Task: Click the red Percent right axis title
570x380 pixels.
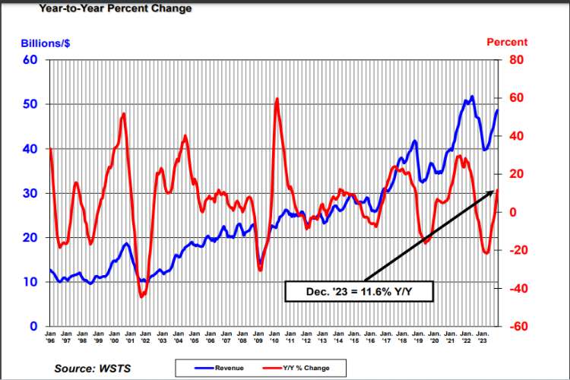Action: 506,43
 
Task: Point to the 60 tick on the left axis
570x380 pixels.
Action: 31,60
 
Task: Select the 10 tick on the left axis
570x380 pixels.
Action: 31,282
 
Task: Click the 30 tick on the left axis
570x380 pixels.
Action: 31,193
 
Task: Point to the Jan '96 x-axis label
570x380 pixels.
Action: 50,337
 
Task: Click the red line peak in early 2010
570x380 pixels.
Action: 277,99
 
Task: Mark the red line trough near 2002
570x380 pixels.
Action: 141,296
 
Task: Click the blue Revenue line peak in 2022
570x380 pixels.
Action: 472,97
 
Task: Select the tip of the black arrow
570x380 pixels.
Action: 496,190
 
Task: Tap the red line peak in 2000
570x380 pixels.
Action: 123,114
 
